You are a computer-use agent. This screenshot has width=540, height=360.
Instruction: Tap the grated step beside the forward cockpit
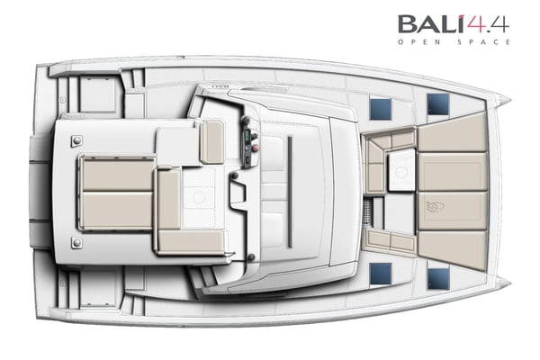(x=370, y=210)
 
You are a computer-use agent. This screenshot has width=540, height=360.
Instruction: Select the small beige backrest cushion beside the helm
(x=211, y=141)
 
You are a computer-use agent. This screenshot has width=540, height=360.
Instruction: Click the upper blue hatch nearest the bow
(x=438, y=104)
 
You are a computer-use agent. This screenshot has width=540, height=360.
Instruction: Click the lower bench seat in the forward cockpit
(x=391, y=239)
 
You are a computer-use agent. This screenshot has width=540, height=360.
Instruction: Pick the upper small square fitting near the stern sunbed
(x=76, y=140)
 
